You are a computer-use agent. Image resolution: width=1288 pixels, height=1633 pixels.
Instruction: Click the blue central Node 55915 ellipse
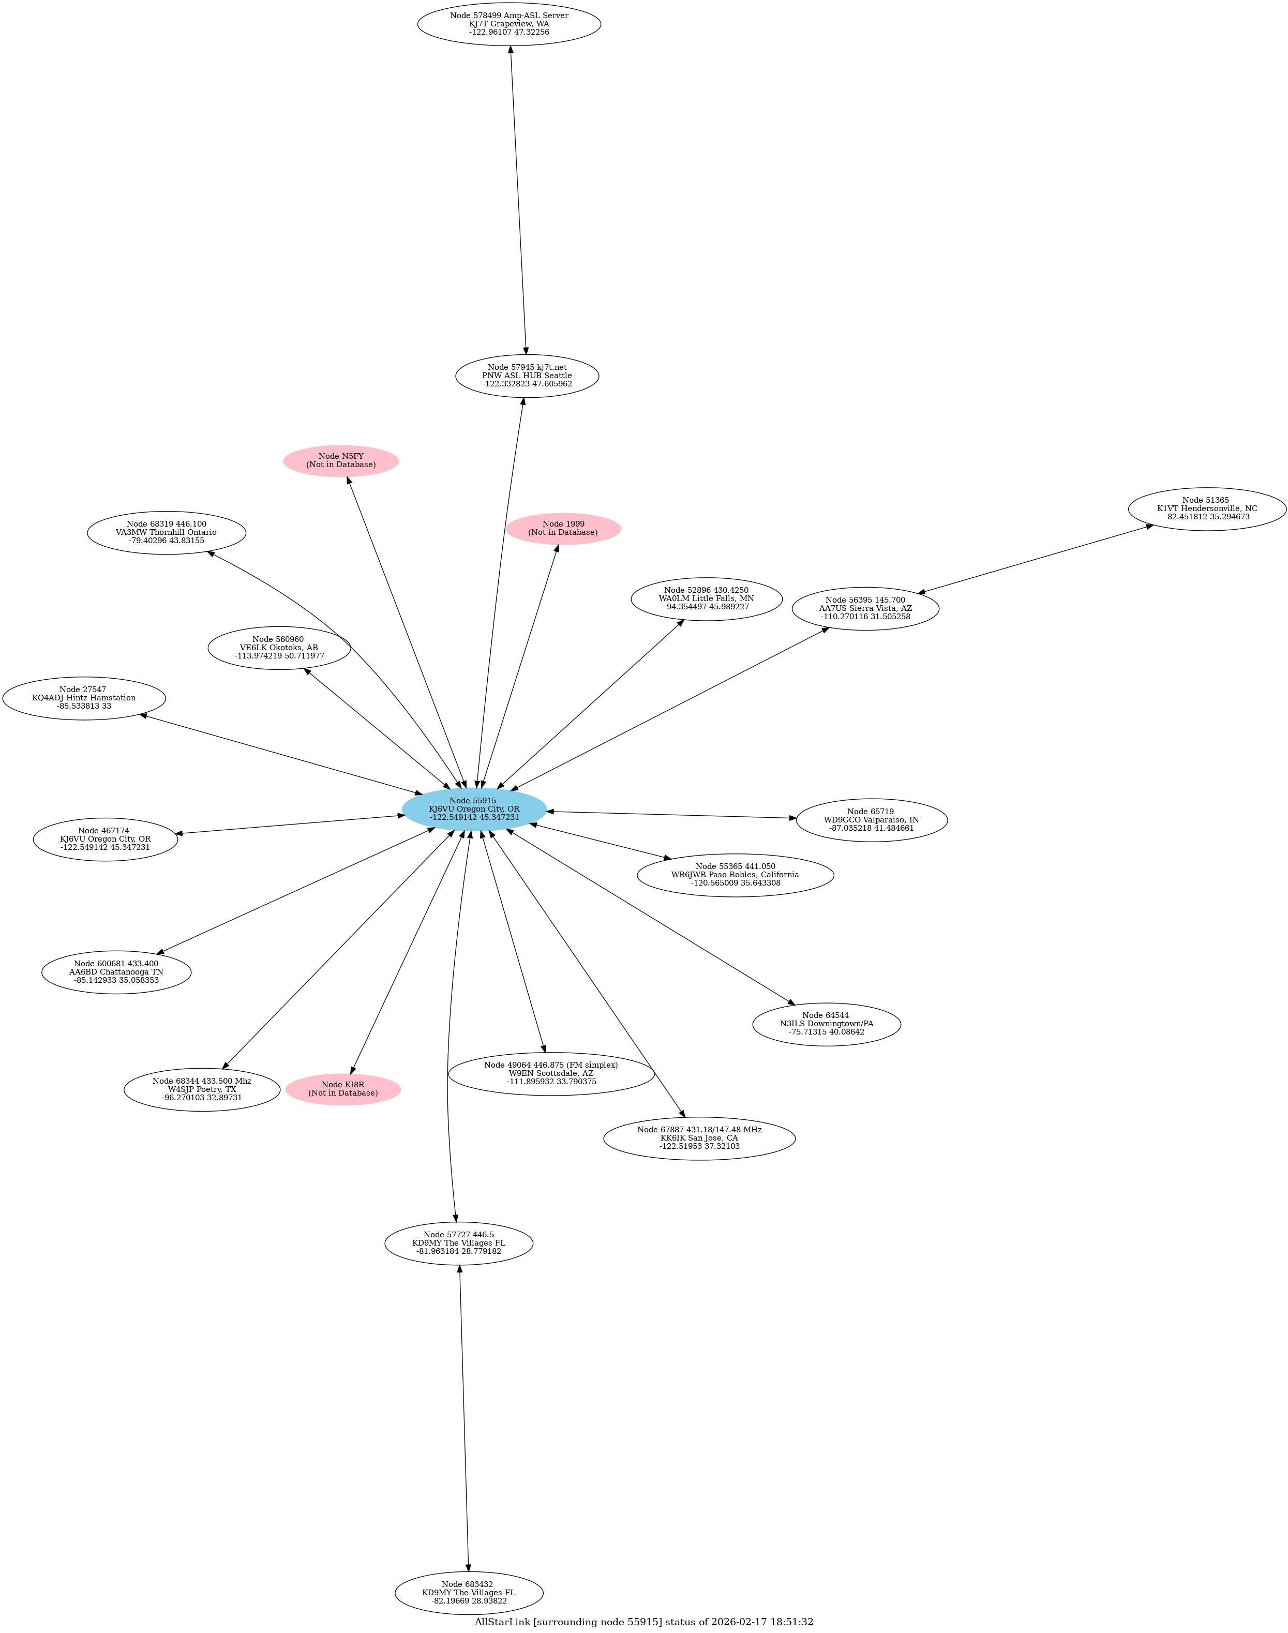point(474,809)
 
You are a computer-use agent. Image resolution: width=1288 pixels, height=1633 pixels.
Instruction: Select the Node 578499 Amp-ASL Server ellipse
point(509,24)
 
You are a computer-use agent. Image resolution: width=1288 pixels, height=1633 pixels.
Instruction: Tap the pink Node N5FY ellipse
point(341,461)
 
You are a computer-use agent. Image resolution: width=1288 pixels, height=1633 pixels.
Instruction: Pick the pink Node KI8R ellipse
point(343,1089)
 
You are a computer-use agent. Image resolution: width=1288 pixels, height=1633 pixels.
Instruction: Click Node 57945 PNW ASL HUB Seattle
point(527,376)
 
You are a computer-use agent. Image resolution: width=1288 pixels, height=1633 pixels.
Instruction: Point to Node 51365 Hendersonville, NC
point(1207,509)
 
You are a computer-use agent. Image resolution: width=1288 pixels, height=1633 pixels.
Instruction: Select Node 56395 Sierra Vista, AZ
point(865,608)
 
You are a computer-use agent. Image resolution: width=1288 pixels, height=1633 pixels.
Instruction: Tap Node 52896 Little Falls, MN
point(706,598)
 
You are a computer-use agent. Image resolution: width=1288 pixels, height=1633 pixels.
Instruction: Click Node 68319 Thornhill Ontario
point(166,532)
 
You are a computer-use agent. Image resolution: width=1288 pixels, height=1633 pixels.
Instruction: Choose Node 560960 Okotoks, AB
point(279,648)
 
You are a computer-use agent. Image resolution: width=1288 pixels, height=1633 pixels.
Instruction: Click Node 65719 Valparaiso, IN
point(871,819)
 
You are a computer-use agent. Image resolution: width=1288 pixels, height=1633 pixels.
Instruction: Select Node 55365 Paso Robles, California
point(735,875)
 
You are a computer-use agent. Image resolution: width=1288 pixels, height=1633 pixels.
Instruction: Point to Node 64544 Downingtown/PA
point(827,1023)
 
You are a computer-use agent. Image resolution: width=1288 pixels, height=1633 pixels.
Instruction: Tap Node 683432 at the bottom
point(468,1593)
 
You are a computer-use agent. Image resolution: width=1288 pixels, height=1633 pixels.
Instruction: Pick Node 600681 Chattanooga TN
point(116,972)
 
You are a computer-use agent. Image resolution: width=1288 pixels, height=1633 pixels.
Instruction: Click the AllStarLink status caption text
point(643,1621)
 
